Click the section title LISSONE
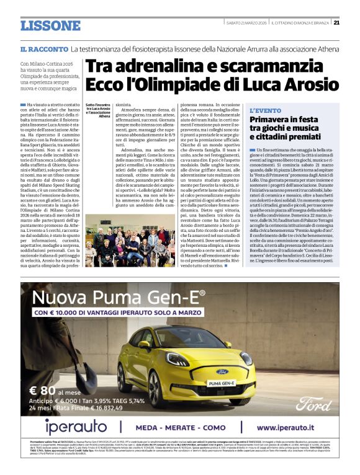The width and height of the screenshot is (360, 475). [50, 25]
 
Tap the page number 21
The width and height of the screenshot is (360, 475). [336, 23]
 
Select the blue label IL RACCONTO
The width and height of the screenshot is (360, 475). [43, 48]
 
